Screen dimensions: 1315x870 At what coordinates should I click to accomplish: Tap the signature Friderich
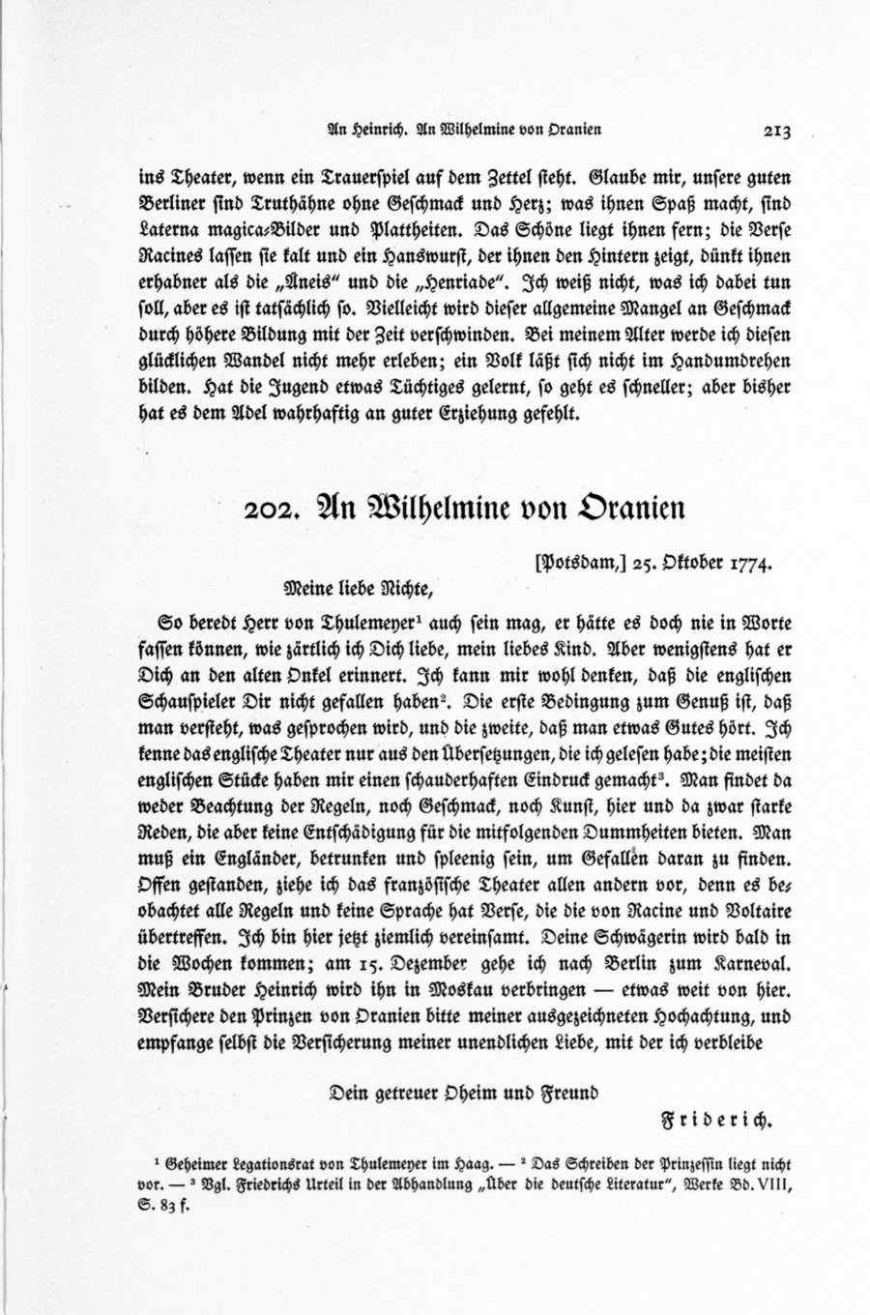(x=716, y=1122)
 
